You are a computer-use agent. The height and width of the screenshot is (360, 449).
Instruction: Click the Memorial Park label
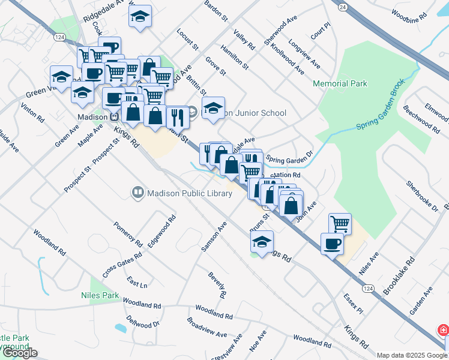(x=340, y=84)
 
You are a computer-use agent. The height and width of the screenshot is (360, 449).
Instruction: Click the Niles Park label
(x=100, y=295)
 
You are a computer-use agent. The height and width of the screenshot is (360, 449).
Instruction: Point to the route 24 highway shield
(x=342, y=6)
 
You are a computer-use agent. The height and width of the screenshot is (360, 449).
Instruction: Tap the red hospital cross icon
(x=443, y=331)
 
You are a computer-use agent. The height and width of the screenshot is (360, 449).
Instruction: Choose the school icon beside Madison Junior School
(x=212, y=109)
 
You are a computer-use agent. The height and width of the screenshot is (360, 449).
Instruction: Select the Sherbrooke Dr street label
(x=422, y=196)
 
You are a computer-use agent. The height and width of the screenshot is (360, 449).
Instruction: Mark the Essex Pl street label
(x=354, y=304)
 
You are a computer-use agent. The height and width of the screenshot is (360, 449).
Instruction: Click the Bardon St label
(x=217, y=11)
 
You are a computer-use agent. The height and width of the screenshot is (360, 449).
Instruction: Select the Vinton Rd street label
(x=32, y=112)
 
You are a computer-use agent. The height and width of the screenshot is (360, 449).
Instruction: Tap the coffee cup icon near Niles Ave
(x=333, y=244)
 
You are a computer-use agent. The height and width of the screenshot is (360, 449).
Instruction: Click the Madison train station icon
(x=113, y=117)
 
